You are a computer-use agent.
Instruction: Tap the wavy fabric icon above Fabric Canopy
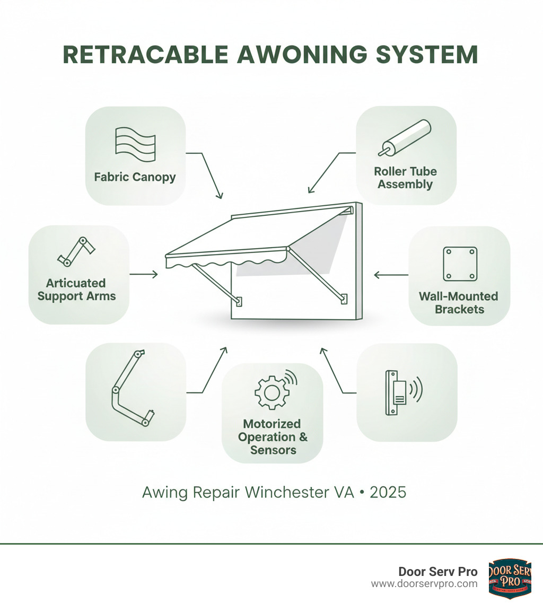(135, 144)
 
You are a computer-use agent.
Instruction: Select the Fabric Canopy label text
(135, 177)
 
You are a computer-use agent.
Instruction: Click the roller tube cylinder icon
(405, 137)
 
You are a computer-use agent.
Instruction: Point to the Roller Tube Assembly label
(405, 178)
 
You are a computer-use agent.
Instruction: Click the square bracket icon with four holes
(459, 264)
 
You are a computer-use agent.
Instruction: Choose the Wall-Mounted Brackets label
(459, 302)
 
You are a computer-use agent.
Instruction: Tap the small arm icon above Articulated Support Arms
(75, 252)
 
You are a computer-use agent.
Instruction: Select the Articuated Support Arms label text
(77, 290)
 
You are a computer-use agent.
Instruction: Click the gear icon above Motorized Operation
(271, 392)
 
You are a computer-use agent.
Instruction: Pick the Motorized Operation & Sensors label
(272, 437)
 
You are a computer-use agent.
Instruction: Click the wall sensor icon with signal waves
(401, 392)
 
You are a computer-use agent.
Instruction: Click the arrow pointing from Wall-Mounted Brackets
(390, 275)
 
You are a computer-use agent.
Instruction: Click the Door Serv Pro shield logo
(510, 578)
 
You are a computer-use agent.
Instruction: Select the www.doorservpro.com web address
(424, 584)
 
